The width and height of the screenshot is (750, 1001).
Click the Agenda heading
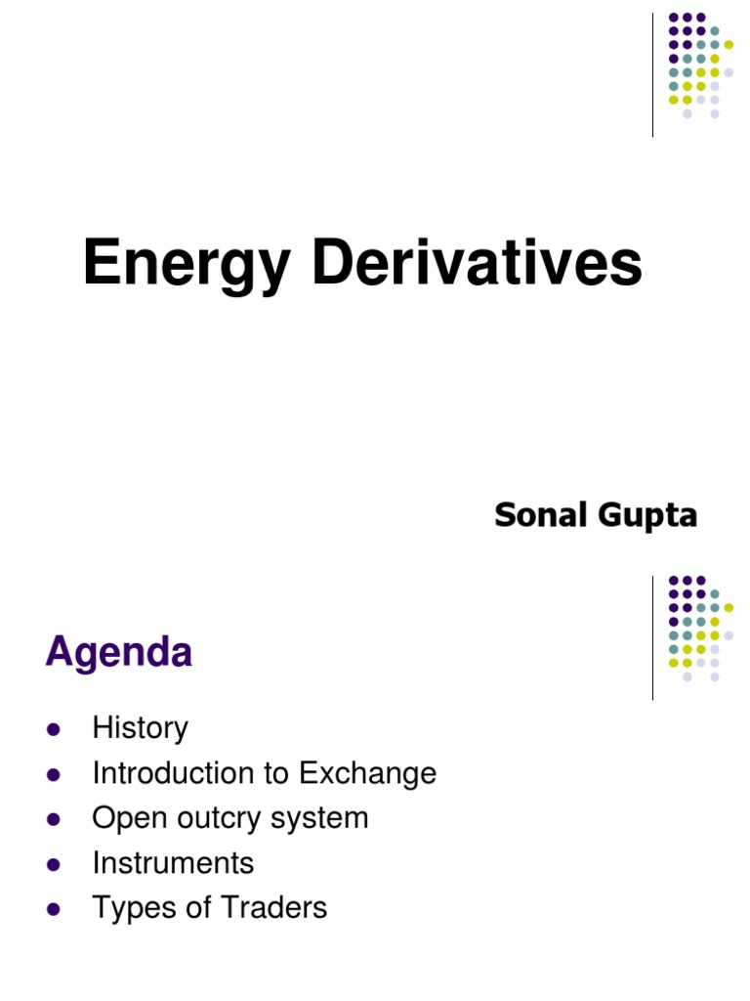pos(118,652)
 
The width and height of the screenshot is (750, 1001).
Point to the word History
pos(140,728)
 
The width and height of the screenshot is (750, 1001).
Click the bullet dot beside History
pos(54,729)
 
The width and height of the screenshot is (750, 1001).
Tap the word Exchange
pos(367,773)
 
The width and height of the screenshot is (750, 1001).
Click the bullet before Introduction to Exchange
pos(54,774)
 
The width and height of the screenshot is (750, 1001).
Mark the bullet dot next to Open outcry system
pos(54,819)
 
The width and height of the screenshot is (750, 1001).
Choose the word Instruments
pos(173,863)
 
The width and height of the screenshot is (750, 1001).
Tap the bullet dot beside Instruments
pos(54,864)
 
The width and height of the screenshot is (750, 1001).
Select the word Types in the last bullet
pos(129,908)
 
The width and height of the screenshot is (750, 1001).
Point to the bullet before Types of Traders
pos(54,909)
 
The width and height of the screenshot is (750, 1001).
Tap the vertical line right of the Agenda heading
pos(652,637)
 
